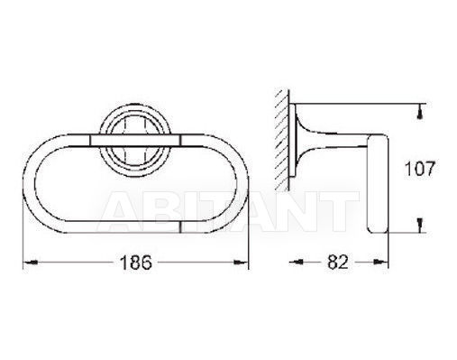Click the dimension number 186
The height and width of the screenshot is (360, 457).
(x=136, y=263)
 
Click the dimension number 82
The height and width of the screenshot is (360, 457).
(x=338, y=262)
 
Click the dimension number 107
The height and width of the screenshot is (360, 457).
(x=420, y=169)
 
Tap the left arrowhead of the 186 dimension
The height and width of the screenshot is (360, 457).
(x=31, y=263)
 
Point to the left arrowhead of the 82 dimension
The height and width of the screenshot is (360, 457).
(x=296, y=263)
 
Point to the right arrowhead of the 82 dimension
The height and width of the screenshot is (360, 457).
(x=381, y=263)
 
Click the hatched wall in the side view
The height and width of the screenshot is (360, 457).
(x=281, y=140)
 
